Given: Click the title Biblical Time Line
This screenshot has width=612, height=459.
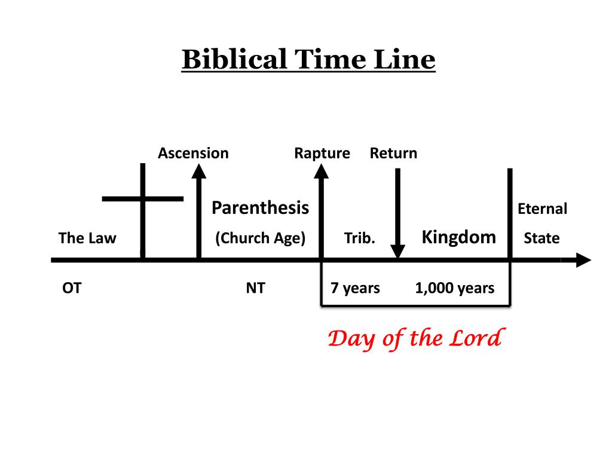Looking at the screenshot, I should (x=308, y=60).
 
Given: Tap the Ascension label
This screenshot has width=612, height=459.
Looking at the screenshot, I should (x=193, y=153).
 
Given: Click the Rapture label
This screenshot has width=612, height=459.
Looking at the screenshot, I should (x=322, y=153).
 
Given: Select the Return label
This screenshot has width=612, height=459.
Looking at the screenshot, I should (x=393, y=153).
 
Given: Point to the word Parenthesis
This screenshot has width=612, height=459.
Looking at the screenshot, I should (x=260, y=208).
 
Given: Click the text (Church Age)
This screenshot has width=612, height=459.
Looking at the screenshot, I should (x=260, y=238).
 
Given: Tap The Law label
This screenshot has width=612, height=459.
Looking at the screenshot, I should (x=87, y=238).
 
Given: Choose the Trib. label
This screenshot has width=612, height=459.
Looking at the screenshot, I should (x=360, y=238).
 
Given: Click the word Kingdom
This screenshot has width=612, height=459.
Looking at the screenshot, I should (x=459, y=237).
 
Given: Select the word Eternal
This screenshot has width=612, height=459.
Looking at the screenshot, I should (x=542, y=209).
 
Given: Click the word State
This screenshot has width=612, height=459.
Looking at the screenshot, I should (x=541, y=238).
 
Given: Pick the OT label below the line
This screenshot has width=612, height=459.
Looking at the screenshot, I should (x=72, y=288).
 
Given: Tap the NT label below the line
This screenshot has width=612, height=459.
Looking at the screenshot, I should (x=255, y=288).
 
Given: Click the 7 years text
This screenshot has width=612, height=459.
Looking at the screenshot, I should (x=356, y=288).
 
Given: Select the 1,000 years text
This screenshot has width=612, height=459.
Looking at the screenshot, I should (x=455, y=288).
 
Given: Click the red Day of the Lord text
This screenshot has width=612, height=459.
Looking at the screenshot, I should (x=414, y=338).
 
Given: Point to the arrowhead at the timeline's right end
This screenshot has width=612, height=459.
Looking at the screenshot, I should (x=582, y=261).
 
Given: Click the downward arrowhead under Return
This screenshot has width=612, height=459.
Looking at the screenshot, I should (x=397, y=252).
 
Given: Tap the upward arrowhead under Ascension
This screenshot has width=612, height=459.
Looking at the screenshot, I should (x=199, y=172).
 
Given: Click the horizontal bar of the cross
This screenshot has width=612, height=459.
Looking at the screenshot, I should (x=143, y=198).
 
